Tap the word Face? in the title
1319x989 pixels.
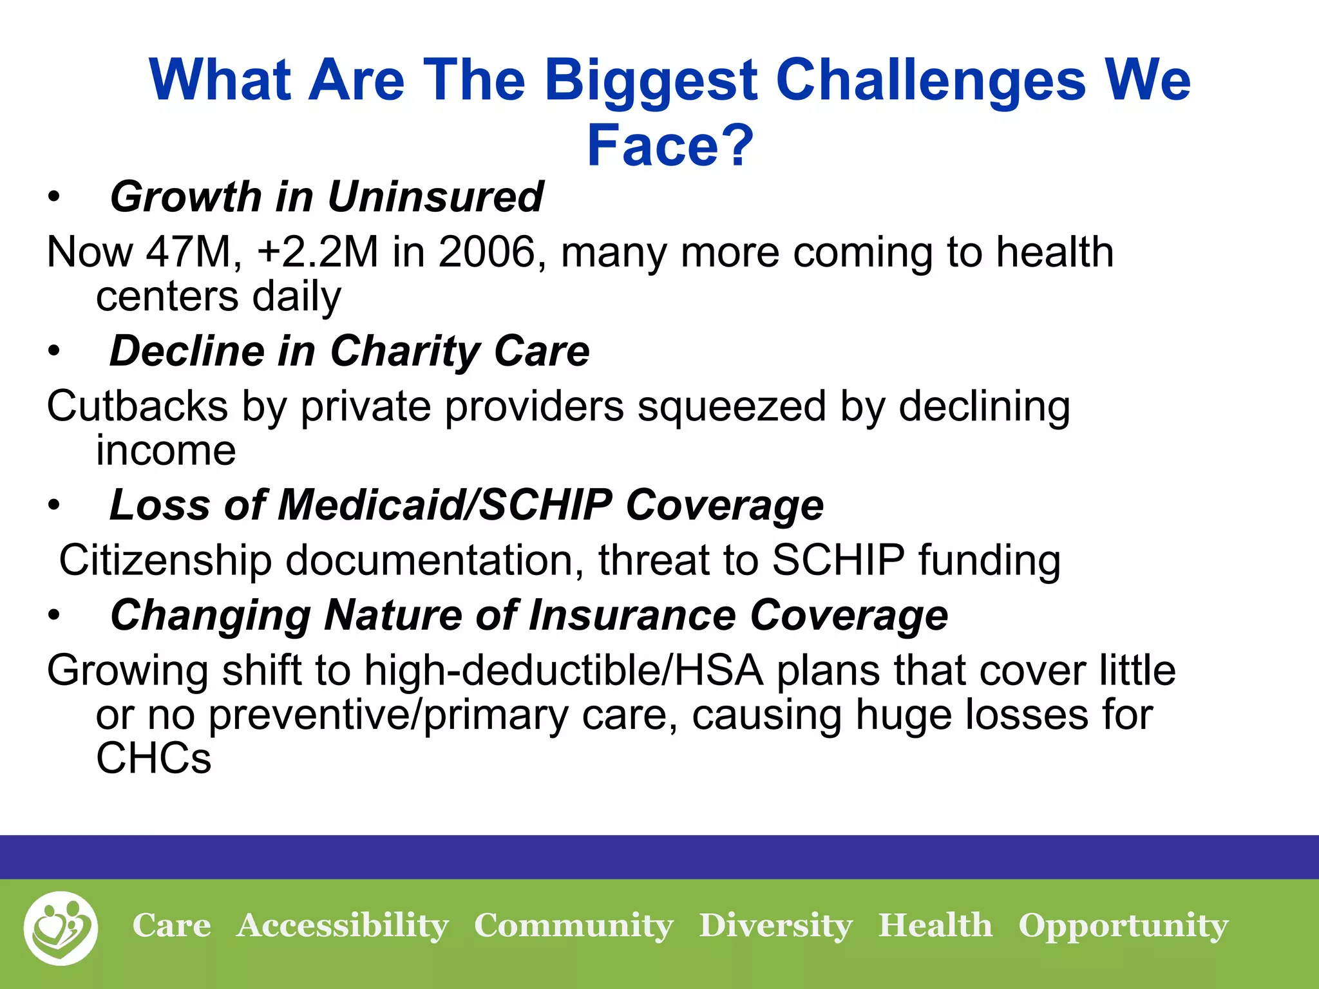[670, 146]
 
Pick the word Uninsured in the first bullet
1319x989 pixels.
[436, 196]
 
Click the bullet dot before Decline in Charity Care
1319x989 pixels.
[53, 352]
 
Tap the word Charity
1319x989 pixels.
[405, 352]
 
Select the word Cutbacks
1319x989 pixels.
[137, 406]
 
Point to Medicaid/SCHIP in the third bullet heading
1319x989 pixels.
[444, 505]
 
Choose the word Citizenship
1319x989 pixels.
[166, 560]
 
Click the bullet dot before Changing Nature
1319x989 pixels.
[53, 616]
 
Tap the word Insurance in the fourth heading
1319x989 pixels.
[632, 615]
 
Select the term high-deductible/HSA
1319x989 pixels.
[564, 670]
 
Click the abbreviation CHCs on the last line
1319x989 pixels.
[153, 758]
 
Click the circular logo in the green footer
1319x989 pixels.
[61, 928]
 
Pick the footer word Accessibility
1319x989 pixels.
[342, 926]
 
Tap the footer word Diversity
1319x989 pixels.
[775, 926]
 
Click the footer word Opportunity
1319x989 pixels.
[1123, 926]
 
